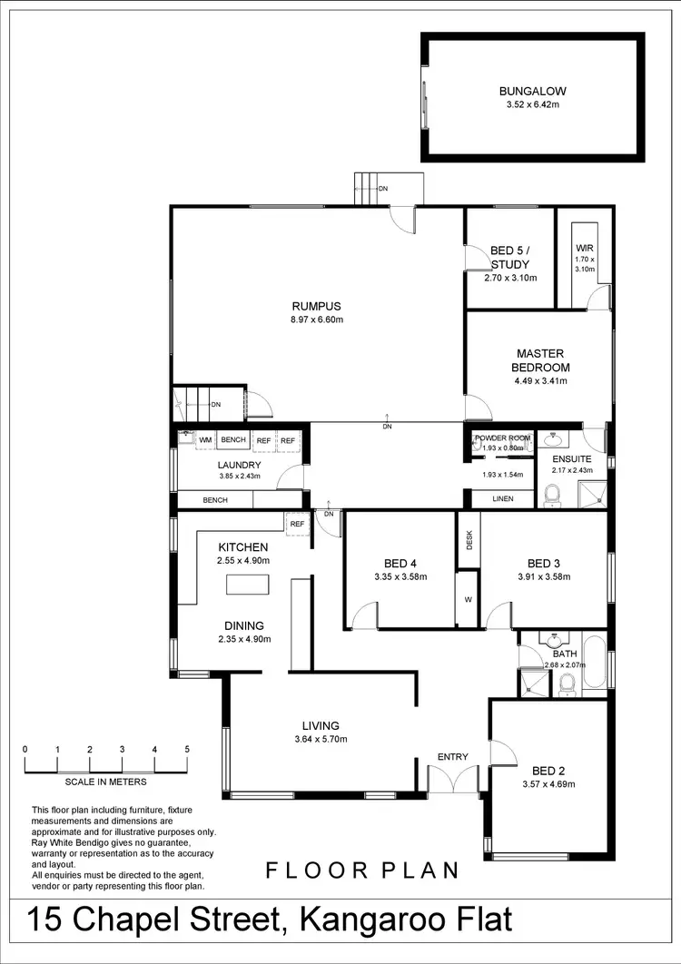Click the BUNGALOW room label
[532, 91]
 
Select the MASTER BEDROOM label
[542, 360]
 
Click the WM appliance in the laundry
[205, 440]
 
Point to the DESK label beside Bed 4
[469, 540]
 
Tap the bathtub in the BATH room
[595, 662]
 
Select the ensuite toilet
[551, 494]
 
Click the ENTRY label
[452, 757]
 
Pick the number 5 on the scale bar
[186, 750]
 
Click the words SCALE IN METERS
[105, 782]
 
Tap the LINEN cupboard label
[502, 499]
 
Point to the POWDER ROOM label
[500, 438]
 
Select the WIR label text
[584, 248]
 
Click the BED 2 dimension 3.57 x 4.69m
[548, 783]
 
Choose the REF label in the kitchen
[297, 524]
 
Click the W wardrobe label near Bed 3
[468, 599]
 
